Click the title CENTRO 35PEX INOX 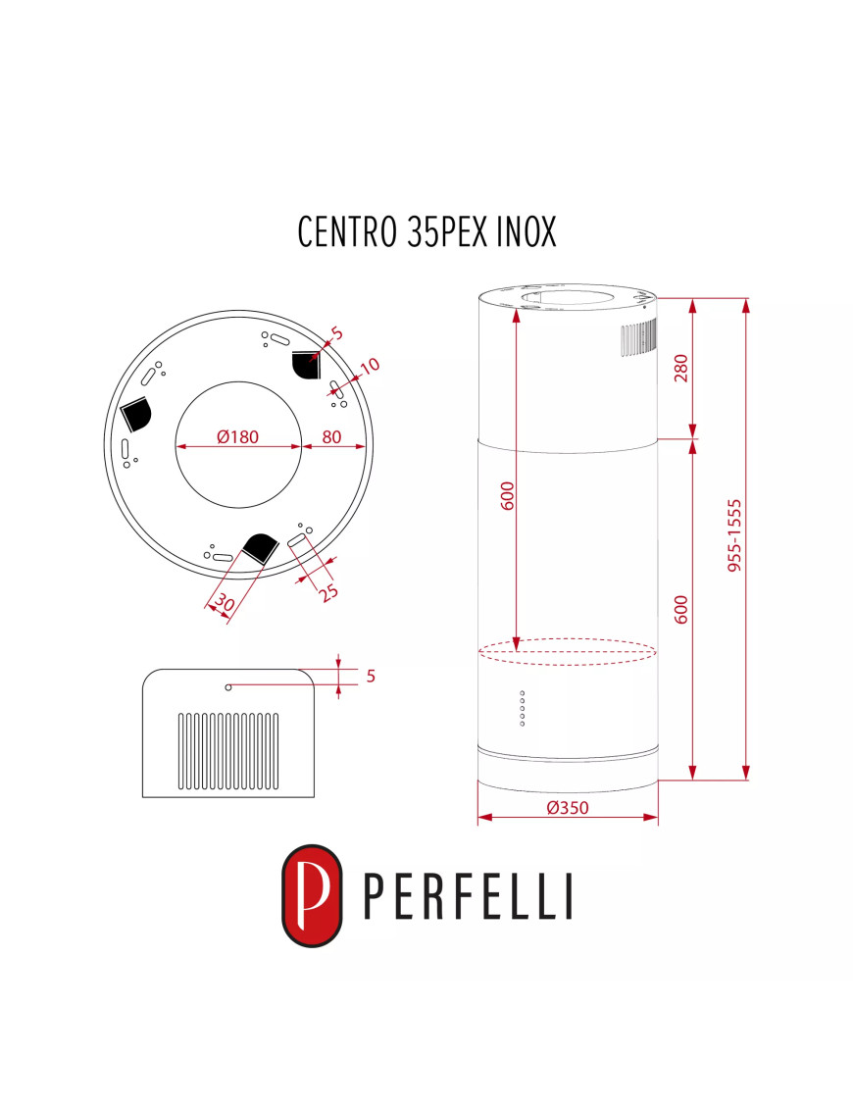coord(426,231)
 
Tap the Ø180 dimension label coord(237,437)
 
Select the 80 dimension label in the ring coord(331,437)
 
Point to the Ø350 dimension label coord(567,808)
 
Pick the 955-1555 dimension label coord(735,535)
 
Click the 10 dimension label coord(369,367)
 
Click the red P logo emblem coord(312,895)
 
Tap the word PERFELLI coord(468,895)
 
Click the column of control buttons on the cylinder coord(522,709)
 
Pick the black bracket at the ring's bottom coord(261,548)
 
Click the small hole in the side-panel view coord(228,687)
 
